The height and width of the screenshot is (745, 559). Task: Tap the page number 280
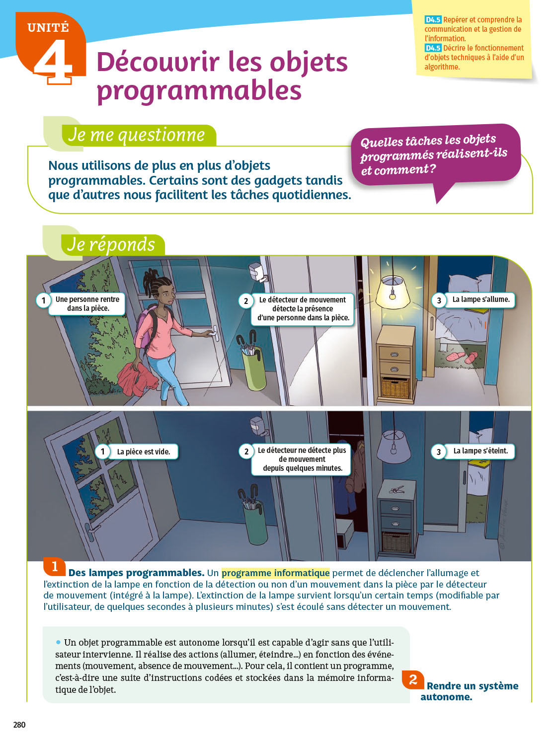click(x=19, y=725)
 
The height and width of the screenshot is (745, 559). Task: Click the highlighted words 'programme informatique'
click(x=275, y=573)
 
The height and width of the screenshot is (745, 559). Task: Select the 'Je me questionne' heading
click(x=137, y=135)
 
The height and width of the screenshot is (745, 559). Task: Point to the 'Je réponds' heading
click(x=111, y=244)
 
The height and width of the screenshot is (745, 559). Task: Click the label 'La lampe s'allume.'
click(x=480, y=299)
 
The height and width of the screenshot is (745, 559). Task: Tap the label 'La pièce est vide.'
click(x=143, y=452)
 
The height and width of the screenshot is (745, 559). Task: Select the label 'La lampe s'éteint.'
click(x=480, y=451)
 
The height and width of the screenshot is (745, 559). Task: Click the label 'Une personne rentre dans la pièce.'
click(x=87, y=304)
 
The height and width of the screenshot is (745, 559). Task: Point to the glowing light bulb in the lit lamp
click(x=393, y=295)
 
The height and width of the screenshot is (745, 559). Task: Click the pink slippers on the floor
click(x=462, y=357)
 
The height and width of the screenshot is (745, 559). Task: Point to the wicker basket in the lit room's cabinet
click(x=396, y=387)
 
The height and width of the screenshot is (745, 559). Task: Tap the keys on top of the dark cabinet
click(x=397, y=489)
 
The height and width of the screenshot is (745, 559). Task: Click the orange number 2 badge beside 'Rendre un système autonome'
click(x=413, y=679)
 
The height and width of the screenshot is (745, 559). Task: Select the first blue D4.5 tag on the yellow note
click(x=433, y=20)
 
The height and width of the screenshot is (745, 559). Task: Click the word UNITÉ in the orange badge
click(x=48, y=27)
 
